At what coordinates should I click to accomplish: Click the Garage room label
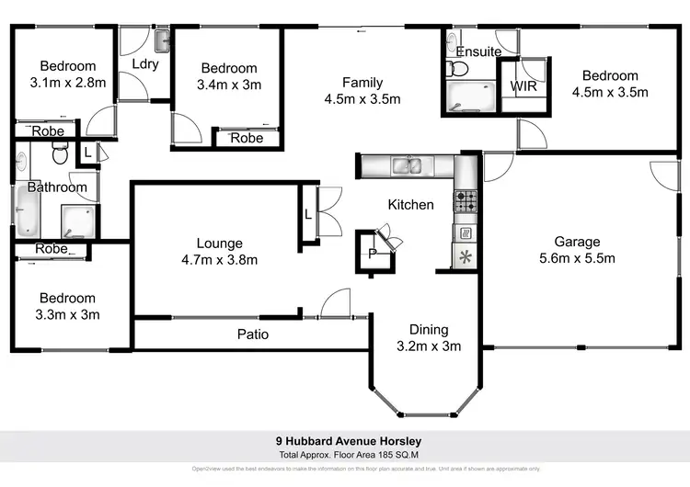[x=576, y=242]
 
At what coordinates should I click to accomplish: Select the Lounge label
[x=219, y=243]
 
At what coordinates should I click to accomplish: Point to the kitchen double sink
[x=407, y=166]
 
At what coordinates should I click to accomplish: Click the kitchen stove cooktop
[x=466, y=198]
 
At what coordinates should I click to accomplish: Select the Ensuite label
[x=478, y=51]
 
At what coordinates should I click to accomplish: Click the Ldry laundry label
[x=146, y=63]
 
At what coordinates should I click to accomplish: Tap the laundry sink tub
[x=162, y=40]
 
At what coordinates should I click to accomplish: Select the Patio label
[x=253, y=334]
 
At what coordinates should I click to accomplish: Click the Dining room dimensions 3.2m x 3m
[x=429, y=345]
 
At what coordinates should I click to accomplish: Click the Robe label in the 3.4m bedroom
[x=247, y=138]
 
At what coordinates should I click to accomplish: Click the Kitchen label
[x=410, y=204]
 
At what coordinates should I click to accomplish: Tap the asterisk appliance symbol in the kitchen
[x=465, y=257]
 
